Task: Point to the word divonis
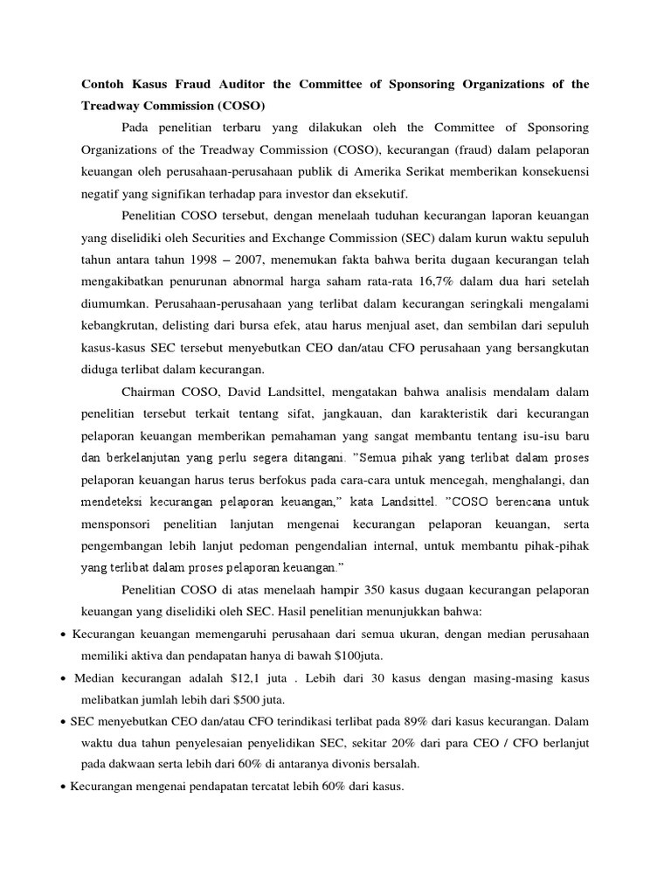(342, 765)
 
